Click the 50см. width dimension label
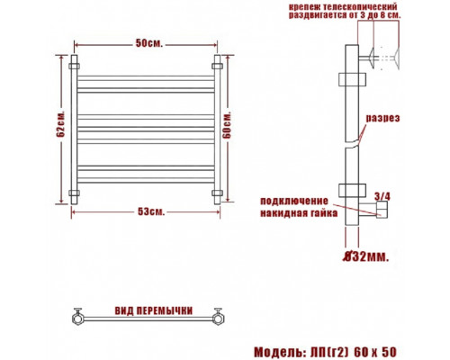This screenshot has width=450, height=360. [149, 43]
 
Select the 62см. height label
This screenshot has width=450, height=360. [60, 124]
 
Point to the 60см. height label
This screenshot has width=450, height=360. [227, 125]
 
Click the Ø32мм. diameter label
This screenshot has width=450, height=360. [365, 256]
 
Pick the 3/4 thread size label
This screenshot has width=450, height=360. [382, 196]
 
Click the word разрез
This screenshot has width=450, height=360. [382, 118]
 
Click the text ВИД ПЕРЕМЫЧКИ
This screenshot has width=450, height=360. [154, 310]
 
